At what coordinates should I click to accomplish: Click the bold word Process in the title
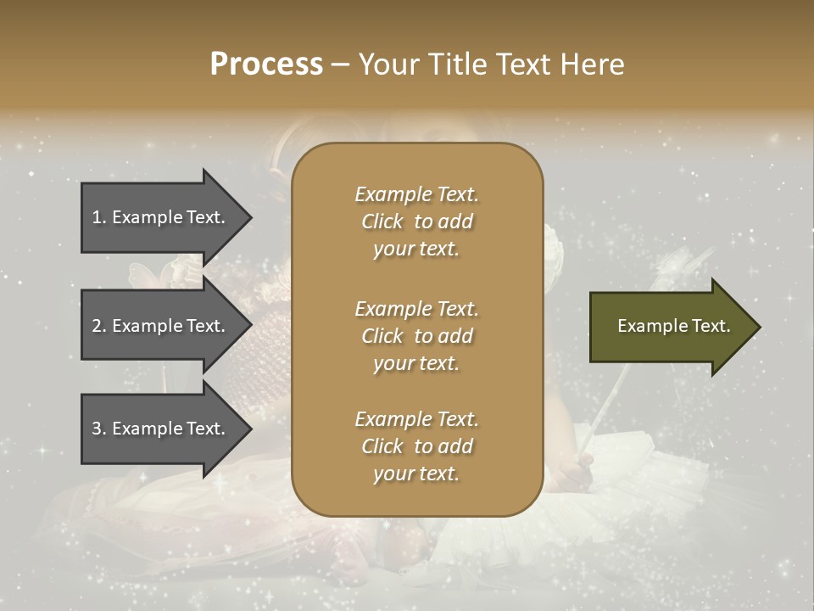pos(266,64)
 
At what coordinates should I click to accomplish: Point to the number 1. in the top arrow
pos(99,217)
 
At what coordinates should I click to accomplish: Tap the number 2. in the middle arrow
pos(99,326)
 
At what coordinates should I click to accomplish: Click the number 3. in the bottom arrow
pos(99,429)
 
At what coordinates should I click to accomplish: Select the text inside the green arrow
pos(673,326)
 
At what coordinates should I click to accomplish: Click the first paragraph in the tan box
pos(416,221)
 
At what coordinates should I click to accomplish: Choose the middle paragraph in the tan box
pos(416,336)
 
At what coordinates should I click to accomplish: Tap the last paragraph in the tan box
pos(416,446)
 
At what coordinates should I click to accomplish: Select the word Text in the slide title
pos(524,64)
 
